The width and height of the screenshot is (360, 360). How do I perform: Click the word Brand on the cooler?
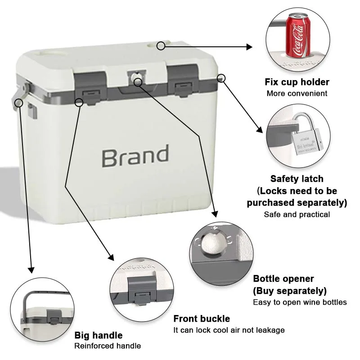pos(135,156)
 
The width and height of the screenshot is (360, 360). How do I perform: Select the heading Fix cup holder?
pos(297,82)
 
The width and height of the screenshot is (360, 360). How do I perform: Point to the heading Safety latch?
pos(297,179)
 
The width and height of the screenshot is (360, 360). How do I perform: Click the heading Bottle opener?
pos(283,279)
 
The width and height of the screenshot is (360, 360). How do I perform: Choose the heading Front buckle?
pos(202,319)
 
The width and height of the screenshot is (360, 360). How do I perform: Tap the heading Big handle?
pos(98,335)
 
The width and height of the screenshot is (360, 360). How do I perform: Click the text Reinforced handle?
pos(108,346)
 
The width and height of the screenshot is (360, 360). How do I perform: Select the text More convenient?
pos(297,94)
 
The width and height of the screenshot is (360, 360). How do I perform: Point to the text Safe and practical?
pos(297,214)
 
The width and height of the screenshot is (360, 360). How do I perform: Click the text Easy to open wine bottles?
pos(300,302)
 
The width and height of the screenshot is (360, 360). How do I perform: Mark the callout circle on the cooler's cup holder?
pos(161,45)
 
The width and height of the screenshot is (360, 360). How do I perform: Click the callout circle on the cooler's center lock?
pos(138,81)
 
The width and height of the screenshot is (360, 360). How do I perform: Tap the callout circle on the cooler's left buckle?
pos(80,102)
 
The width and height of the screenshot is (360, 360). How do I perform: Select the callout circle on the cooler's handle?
pos(19,103)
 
